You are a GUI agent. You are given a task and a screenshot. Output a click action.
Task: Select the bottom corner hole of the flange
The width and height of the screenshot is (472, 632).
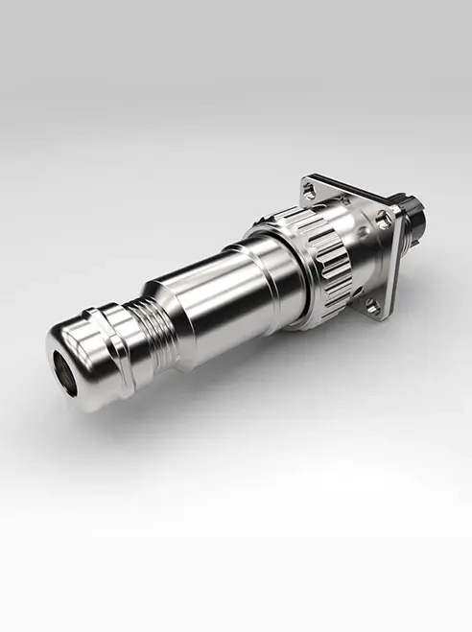click(373, 304)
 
